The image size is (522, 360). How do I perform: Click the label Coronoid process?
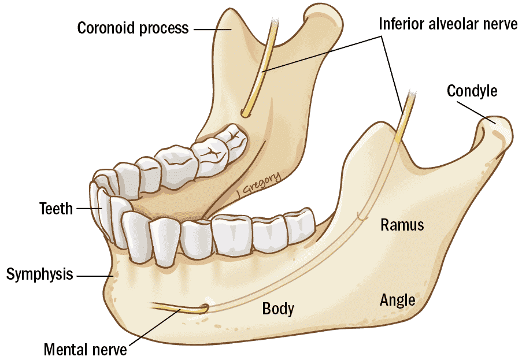(x=133, y=27)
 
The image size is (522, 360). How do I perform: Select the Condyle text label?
(x=472, y=91)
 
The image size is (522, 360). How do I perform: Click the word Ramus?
(x=402, y=225)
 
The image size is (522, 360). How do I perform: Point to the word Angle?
(x=397, y=299)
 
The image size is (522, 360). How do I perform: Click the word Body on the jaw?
(x=278, y=309)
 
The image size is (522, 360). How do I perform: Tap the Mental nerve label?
(x=85, y=349)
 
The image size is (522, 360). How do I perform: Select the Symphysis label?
(x=40, y=274)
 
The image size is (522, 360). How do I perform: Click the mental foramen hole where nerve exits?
(x=204, y=307)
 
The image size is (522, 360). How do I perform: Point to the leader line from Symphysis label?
(x=95, y=276)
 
